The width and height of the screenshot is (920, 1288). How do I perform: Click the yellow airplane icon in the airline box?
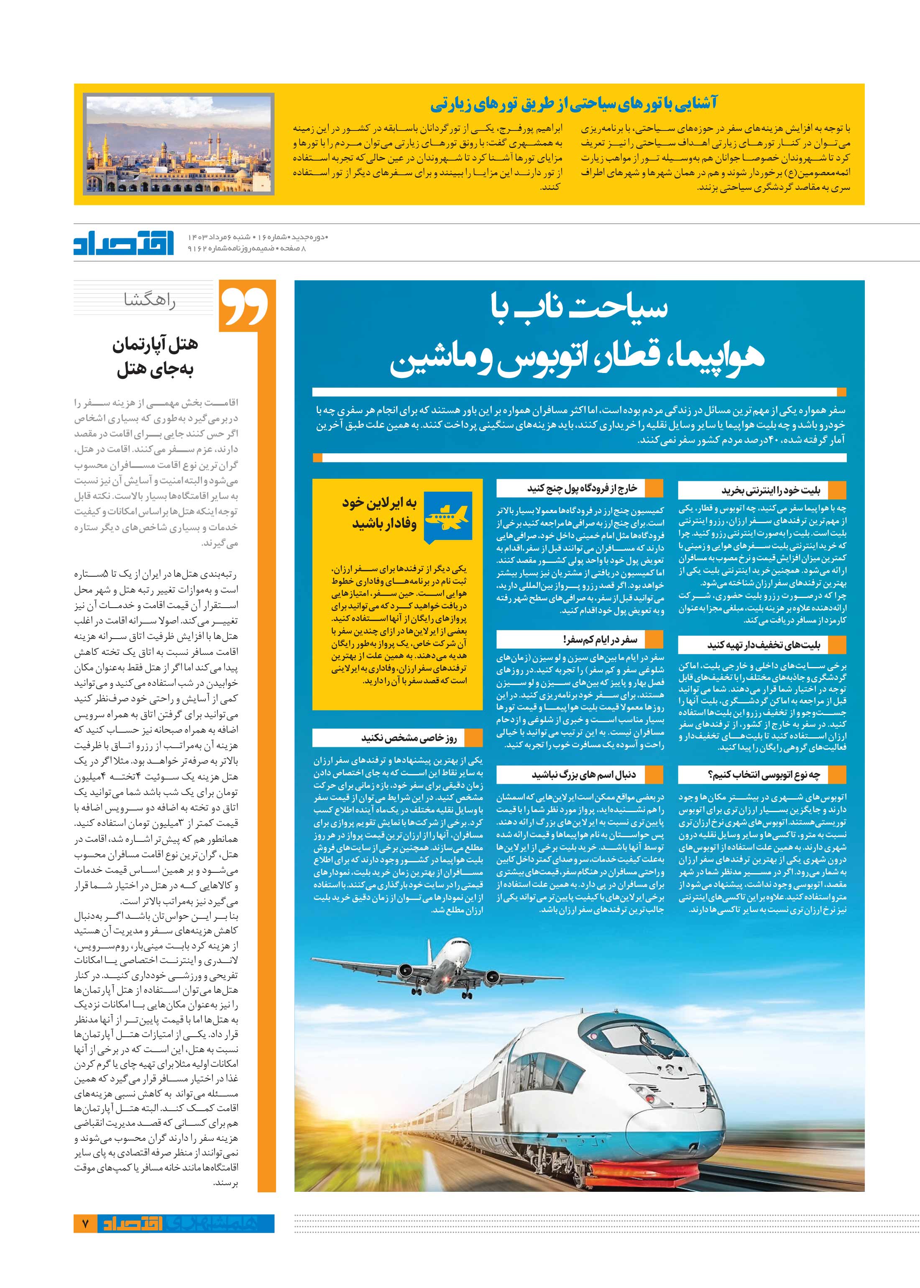(447, 516)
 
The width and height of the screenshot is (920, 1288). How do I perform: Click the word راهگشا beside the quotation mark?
(150, 301)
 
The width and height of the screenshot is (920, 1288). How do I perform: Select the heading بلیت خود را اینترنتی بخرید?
(770, 490)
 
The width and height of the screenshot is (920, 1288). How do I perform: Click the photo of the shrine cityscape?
(179, 144)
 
